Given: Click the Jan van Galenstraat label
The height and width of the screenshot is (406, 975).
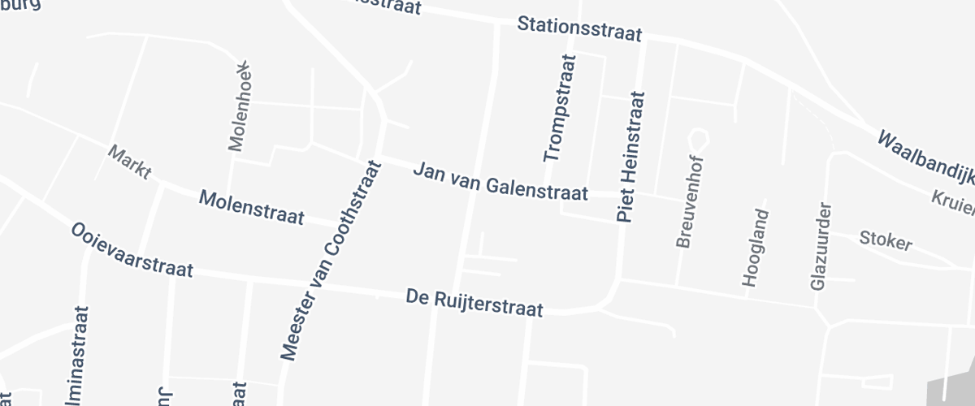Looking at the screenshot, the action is point(500,182).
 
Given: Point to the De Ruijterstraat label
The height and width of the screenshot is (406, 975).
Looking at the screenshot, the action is point(474,304).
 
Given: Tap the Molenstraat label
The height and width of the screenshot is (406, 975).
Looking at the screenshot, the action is point(252,208).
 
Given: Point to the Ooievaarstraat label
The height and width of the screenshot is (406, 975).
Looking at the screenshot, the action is point(132,250).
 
